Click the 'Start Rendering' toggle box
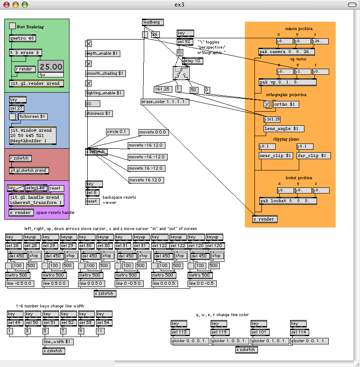(12, 26)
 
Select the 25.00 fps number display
(51, 67)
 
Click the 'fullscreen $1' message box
(33, 117)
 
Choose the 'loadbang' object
(153, 22)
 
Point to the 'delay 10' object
(192, 61)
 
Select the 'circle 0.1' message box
(117, 132)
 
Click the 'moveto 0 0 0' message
(153, 132)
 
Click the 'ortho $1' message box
(286, 104)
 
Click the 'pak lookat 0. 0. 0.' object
(288, 201)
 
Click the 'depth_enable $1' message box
(102, 53)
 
